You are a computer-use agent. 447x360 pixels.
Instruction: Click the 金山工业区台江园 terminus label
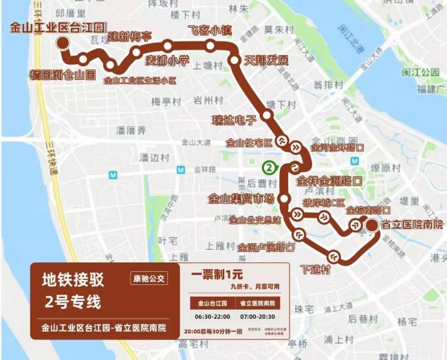(x=58, y=28)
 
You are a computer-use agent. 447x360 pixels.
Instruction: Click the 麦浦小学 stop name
(x=167, y=61)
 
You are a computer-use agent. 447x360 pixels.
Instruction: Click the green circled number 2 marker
(x=270, y=167)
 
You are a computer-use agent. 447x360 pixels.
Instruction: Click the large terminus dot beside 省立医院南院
(x=372, y=225)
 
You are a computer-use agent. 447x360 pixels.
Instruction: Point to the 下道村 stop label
(x=316, y=269)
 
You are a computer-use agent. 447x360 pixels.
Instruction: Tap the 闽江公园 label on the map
(x=420, y=72)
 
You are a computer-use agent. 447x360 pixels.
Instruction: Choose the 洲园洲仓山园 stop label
(x=63, y=75)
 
